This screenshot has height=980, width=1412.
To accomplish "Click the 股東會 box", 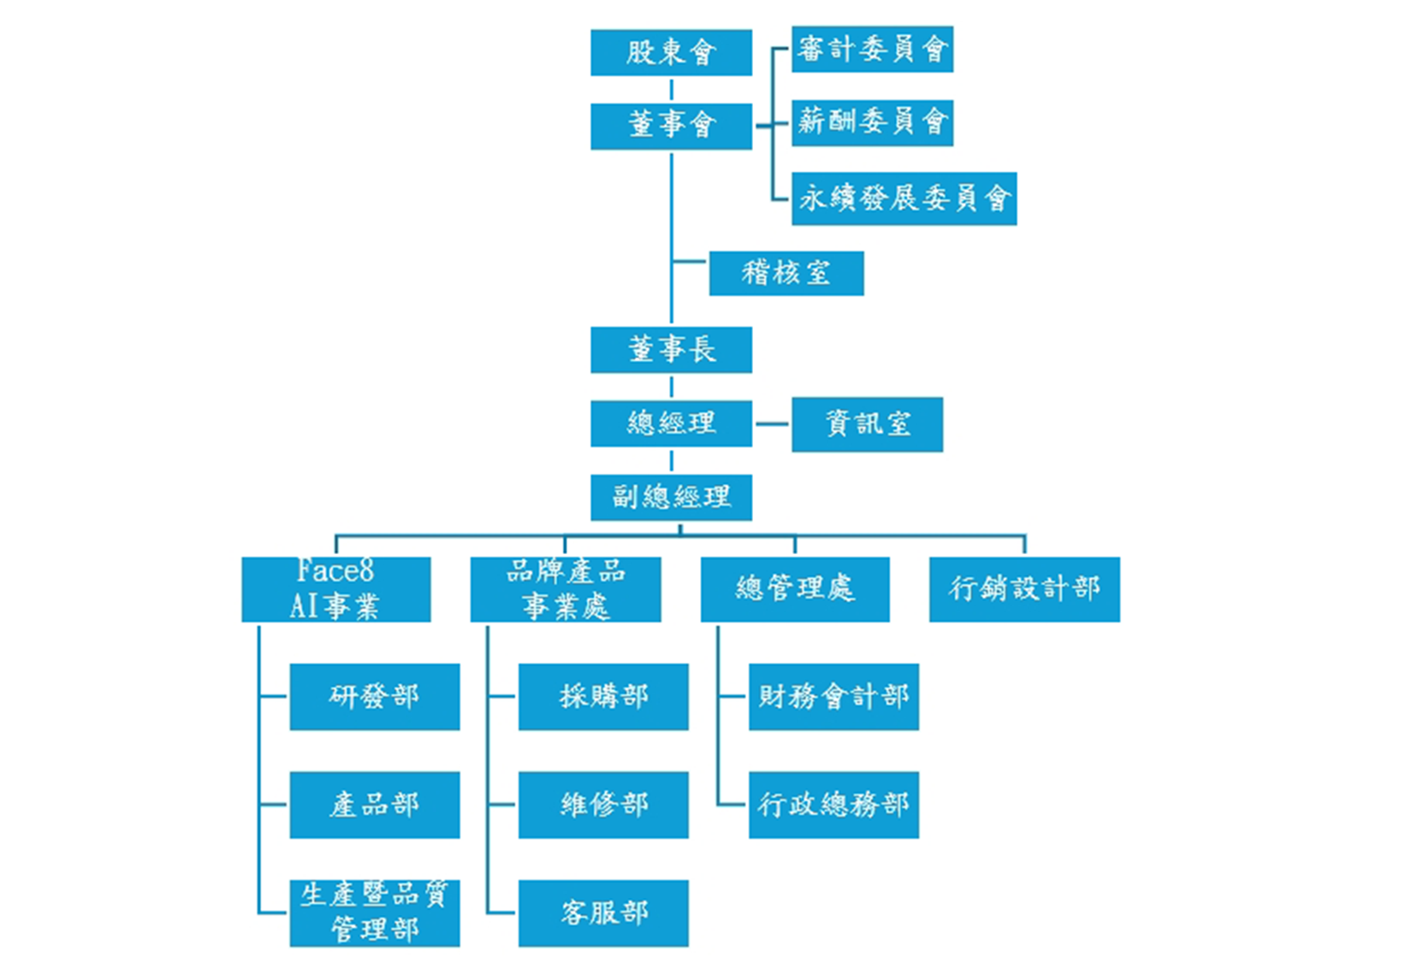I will point(671,52).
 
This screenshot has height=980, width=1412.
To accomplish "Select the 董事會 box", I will point(671,126).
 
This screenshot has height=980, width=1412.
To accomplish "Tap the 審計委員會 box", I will point(872,49).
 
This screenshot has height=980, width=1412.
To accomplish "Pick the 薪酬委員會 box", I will point(872,122).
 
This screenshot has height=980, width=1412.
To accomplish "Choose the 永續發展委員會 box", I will point(904,198).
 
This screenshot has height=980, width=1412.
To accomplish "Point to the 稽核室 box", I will point(786,273).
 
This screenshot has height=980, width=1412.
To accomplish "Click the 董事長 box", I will point(671,349).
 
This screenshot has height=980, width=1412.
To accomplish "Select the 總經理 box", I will point(671,423).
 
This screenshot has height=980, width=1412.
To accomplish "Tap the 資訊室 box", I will point(867,424).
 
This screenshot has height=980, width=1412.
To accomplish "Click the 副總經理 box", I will point(671,497).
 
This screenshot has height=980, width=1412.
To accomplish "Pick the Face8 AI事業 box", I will point(335,589).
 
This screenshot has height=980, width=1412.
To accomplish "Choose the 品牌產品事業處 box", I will point(565,589).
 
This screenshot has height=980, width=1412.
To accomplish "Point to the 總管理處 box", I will point(794,589).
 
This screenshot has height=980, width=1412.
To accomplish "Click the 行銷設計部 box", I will point(1024,589).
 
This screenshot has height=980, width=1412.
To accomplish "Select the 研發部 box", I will point(374,696).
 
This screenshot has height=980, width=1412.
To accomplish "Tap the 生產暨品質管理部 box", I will point(374,912).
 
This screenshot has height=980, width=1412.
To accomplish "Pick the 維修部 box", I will point(603,805).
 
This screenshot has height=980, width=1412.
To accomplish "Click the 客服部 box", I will point(603,912).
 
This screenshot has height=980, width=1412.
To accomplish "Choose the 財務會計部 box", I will point(834,696).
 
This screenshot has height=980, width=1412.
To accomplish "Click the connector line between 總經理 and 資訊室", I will point(772,423).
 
